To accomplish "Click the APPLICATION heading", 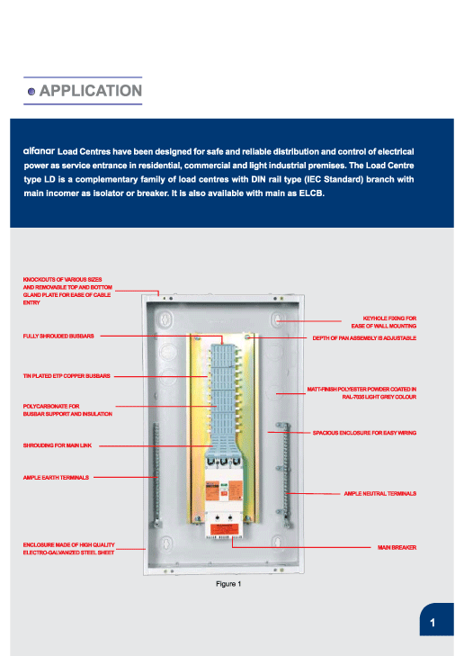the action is (x=91, y=90).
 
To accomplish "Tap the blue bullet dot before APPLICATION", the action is (x=31, y=91).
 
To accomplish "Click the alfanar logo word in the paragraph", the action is (x=39, y=151).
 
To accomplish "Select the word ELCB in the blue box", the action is (x=311, y=193).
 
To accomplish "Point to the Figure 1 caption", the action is (x=228, y=584).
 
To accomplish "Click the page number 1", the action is (x=433, y=623).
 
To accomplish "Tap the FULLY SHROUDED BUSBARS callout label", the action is (x=58, y=336).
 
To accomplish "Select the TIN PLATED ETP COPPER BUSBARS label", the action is (x=67, y=376).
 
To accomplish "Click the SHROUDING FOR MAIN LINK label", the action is (x=58, y=445).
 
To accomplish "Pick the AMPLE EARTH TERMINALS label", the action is (x=56, y=477).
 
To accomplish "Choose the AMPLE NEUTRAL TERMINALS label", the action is (x=380, y=493).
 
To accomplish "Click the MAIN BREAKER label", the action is (x=397, y=547).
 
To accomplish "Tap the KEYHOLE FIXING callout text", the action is (x=384, y=322).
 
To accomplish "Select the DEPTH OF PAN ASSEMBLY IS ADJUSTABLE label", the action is (x=364, y=337).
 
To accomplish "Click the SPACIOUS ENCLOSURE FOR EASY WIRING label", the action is (x=364, y=433).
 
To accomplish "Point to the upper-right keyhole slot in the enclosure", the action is (x=278, y=320).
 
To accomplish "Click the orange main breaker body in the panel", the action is (x=224, y=492).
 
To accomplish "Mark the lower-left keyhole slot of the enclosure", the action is (x=166, y=544).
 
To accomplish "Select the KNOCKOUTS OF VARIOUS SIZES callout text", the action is (x=67, y=291).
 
